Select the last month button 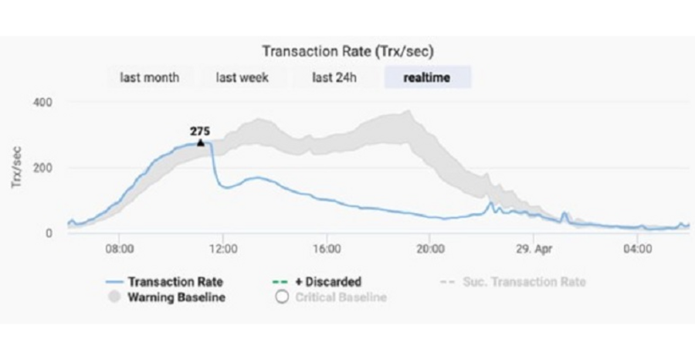149,77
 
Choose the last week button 242,77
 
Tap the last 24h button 334,77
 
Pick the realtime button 427,77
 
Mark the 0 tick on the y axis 49,233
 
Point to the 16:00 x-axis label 327,249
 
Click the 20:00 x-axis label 430,249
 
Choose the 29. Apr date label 534,249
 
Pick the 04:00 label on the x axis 638,249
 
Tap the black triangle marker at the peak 200,142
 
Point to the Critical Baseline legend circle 281,297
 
